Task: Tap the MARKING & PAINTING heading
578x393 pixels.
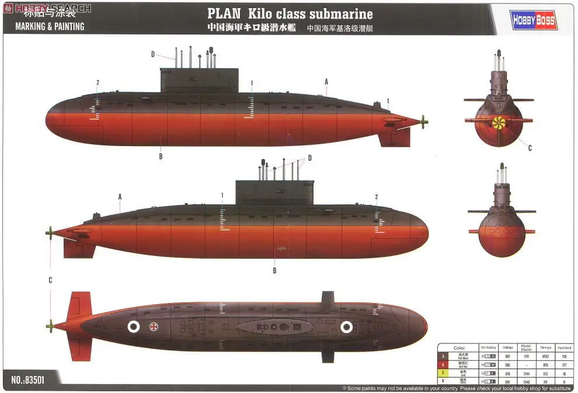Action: point(50,26)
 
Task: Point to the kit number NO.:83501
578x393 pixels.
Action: point(27,380)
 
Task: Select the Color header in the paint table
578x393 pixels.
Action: point(459,348)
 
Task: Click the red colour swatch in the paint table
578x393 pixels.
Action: point(443,364)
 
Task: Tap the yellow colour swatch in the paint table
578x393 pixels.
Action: point(443,372)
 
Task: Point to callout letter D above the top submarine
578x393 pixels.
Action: point(153,54)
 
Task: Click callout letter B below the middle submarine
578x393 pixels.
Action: point(274,270)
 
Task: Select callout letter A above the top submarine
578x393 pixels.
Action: point(326,81)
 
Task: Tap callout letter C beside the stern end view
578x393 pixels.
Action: point(530,148)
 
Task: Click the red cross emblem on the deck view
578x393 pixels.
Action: point(155,327)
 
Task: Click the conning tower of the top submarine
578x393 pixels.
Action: point(200,79)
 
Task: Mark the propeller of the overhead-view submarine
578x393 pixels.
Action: point(50,326)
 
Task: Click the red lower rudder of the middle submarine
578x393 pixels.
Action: point(79,249)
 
